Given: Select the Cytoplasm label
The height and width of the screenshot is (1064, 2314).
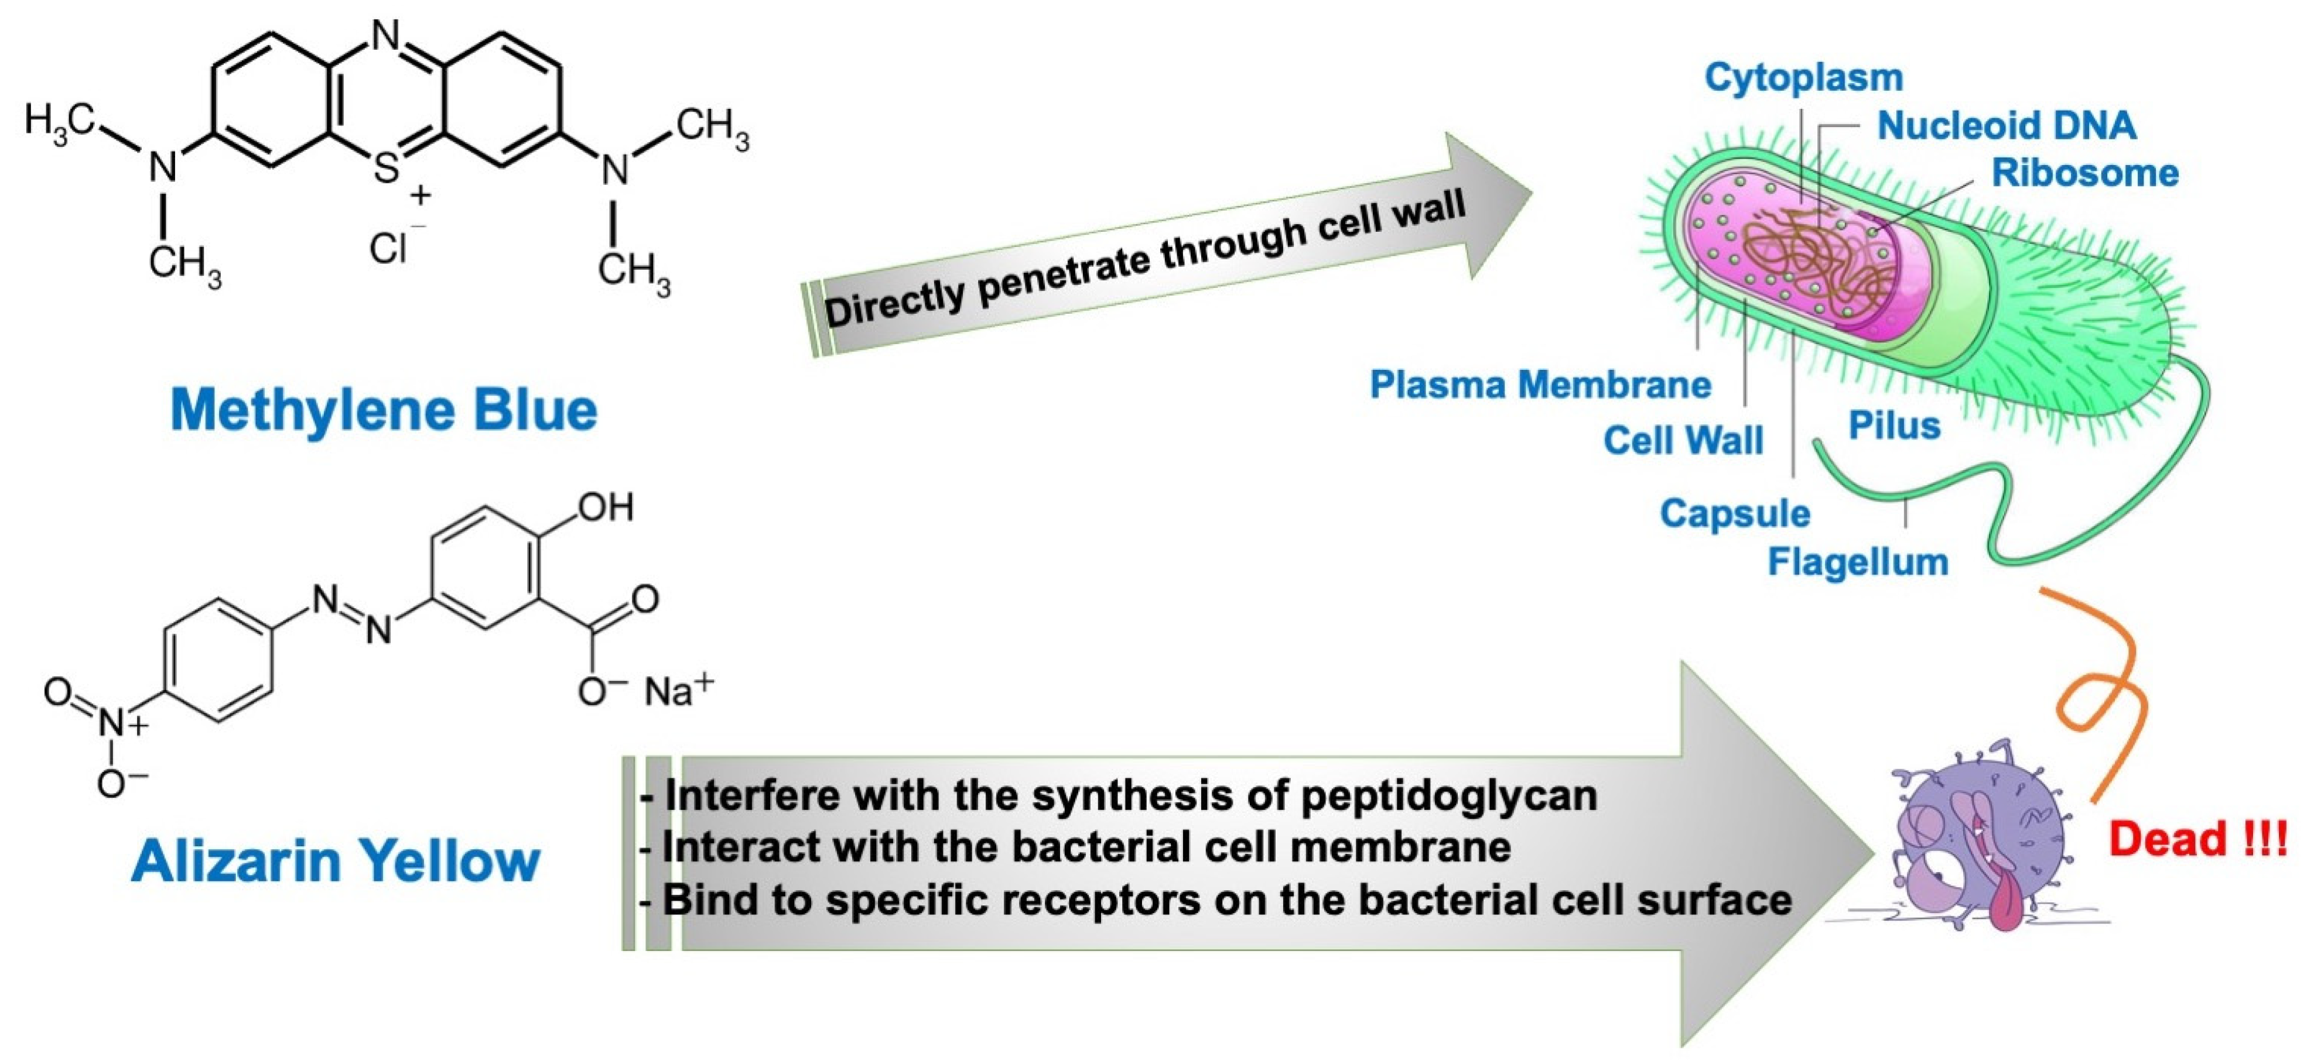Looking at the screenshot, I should click(1804, 78).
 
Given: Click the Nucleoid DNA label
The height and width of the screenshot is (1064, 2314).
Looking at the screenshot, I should click(2006, 126).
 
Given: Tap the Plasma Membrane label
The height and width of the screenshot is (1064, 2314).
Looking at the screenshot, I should click(1540, 385).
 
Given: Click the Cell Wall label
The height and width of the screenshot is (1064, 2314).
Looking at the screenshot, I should click(1683, 441).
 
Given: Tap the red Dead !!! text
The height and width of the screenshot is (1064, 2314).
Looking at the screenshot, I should click(2198, 839).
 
